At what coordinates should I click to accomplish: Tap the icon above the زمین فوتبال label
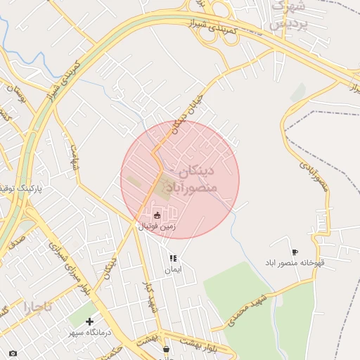[x=157, y=215]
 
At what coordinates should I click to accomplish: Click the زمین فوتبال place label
[x=157, y=226]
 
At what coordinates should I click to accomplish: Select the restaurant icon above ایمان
[x=173, y=259]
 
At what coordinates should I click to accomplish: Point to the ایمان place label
[x=173, y=270]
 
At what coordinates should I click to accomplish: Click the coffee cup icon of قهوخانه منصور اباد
[x=294, y=252]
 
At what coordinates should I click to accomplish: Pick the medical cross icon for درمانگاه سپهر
[x=89, y=321]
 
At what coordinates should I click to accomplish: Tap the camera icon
[x=12, y=352]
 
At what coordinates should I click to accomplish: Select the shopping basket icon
[x=166, y=348]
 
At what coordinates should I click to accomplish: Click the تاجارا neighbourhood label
[x=37, y=307]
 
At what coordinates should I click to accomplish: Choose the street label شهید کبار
[x=150, y=296]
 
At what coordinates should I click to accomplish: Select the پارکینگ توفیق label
[x=21, y=189]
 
